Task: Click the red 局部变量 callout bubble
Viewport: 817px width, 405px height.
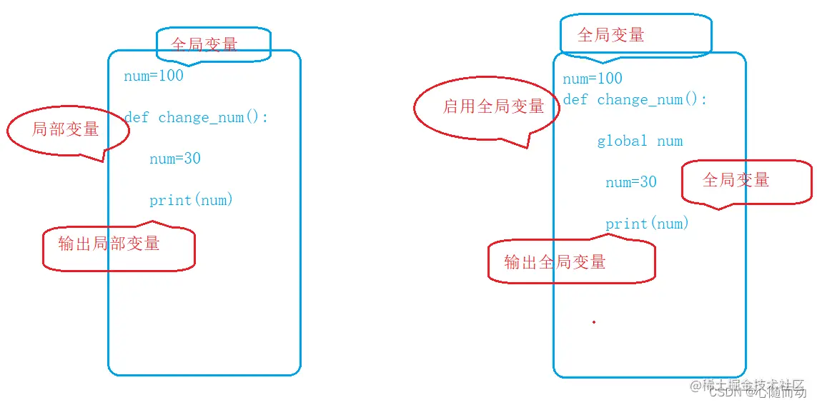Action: point(66,129)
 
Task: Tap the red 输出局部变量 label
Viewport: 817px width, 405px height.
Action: point(109,244)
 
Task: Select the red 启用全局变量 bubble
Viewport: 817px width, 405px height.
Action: point(493,107)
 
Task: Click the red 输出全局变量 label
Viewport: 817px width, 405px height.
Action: point(555,262)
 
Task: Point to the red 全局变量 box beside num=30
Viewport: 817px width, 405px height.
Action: point(736,180)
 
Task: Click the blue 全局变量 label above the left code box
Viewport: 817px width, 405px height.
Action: point(204,44)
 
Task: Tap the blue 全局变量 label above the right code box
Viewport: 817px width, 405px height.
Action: point(611,35)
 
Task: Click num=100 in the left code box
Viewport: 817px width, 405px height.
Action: point(154,76)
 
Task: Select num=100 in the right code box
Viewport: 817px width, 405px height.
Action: point(593,79)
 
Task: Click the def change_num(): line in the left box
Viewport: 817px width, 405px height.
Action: point(196,117)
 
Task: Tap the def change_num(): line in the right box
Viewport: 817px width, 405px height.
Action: point(635,100)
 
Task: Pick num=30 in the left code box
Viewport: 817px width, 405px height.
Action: point(175,159)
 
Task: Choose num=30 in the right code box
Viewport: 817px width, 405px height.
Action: point(631,182)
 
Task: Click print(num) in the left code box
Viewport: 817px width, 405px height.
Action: point(192,200)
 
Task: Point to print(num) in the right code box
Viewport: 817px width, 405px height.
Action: point(647,224)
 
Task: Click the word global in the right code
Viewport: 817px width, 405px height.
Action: point(622,141)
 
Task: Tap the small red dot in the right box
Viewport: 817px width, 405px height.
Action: point(594,322)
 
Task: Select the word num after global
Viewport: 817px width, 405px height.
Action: point(670,141)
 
